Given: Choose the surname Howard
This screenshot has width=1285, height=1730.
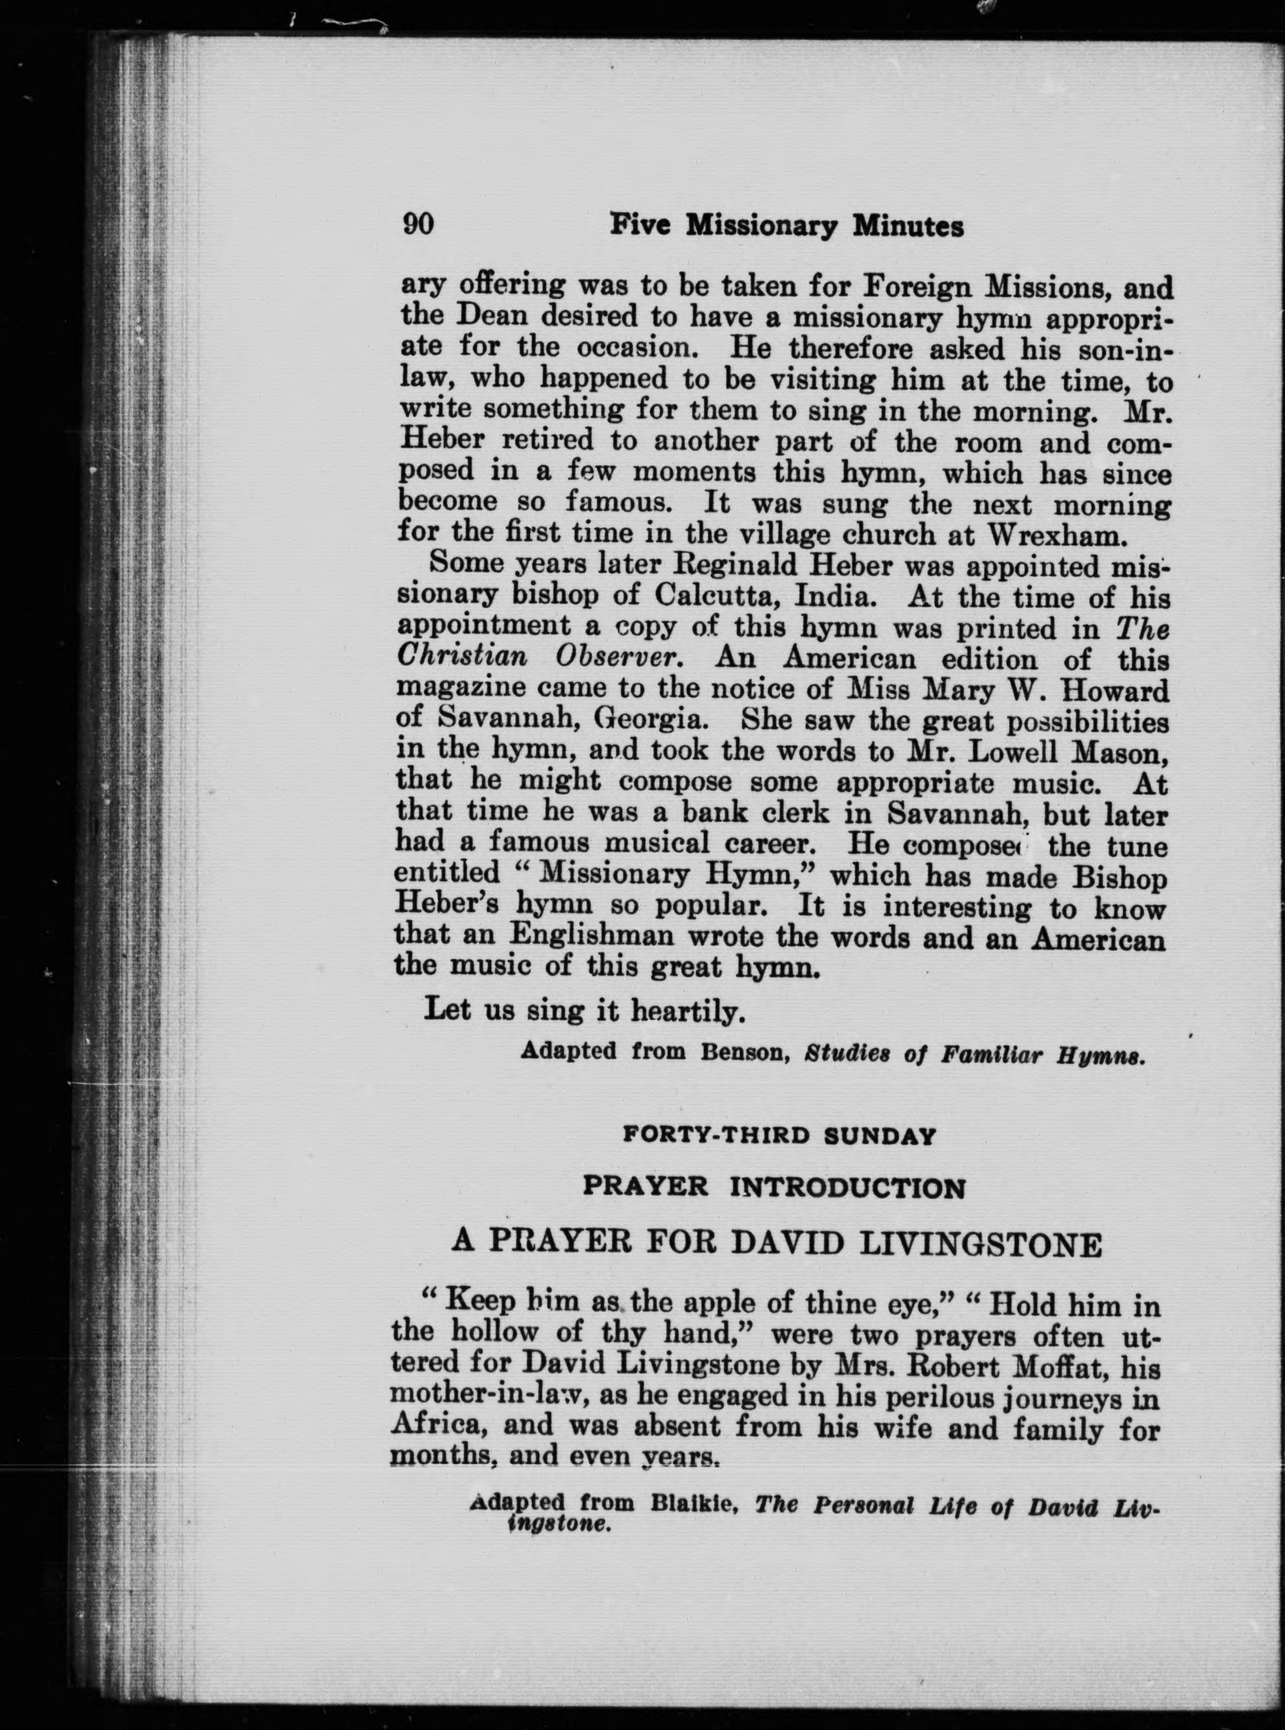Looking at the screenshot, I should (1120, 690).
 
